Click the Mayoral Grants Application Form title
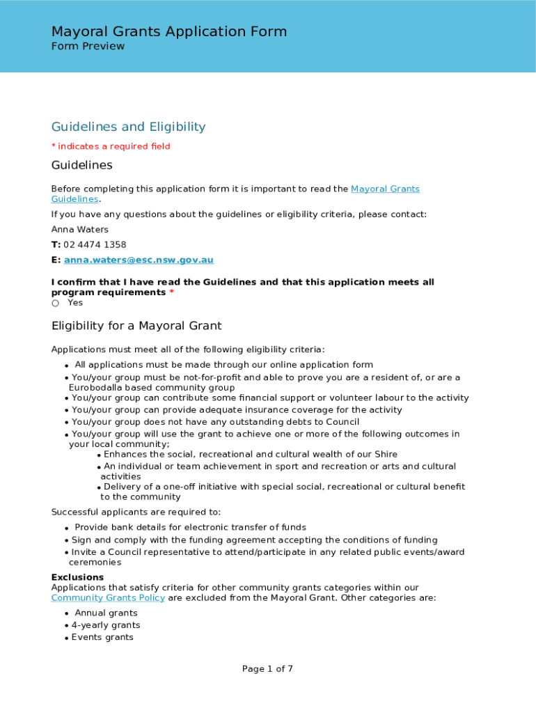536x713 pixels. (168, 31)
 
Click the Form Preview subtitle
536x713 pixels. (88, 47)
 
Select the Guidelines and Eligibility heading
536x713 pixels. (128, 127)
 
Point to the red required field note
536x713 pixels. (111, 146)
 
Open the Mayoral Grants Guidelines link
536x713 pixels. (385, 189)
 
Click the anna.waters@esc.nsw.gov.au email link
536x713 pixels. (139, 260)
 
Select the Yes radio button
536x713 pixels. (56, 304)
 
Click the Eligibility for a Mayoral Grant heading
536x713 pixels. (136, 326)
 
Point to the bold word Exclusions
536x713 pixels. (77, 577)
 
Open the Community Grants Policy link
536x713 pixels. (108, 597)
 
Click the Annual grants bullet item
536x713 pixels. (106, 613)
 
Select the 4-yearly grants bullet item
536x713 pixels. (105, 625)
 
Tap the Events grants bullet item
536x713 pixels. (102, 637)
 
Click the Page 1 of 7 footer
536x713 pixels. (267, 668)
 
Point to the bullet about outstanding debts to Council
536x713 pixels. (215, 422)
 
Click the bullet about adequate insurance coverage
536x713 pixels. (237, 410)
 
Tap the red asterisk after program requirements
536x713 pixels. (171, 292)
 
